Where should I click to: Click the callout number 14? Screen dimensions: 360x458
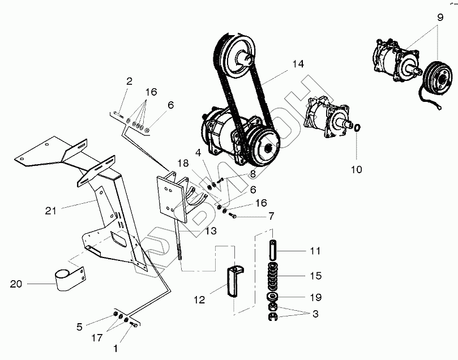click(298, 64)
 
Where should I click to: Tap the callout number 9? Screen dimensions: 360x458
click(439, 17)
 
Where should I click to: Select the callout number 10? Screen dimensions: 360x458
click(357, 169)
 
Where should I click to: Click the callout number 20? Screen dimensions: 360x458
click(16, 284)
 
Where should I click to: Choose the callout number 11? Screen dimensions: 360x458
click(315, 250)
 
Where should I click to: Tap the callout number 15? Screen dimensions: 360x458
click(315, 276)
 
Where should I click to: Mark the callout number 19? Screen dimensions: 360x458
click(315, 297)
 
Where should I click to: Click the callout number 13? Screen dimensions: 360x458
click(211, 231)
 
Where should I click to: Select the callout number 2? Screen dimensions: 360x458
click(129, 82)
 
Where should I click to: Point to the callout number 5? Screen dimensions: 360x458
click(79, 326)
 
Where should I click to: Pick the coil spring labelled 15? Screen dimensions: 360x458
click(273, 276)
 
